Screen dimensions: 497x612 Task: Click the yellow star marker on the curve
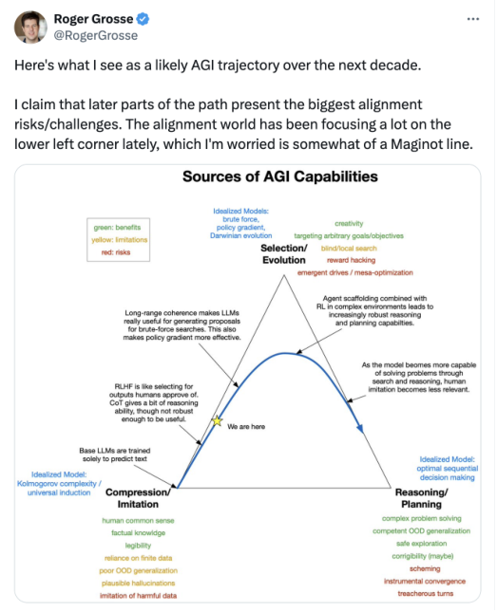[x=217, y=420]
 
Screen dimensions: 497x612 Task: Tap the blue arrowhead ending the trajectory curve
[x=360, y=428]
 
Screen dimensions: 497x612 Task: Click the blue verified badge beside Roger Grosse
[x=143, y=19]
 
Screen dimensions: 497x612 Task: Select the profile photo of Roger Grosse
[x=30, y=27]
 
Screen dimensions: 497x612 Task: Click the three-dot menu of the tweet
[x=473, y=19]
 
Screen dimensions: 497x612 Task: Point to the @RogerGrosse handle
[x=96, y=35]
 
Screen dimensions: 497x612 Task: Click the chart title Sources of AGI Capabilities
[x=280, y=176]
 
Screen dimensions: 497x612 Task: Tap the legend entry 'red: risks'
[x=116, y=252]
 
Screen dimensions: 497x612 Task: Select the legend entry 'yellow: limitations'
[x=120, y=240]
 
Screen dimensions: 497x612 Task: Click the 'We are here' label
[x=246, y=427]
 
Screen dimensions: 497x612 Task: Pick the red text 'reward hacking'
[x=352, y=260]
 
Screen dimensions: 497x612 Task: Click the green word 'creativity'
[x=349, y=223]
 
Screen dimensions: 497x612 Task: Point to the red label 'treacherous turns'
[x=426, y=594]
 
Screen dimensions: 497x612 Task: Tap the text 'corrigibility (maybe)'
[x=423, y=556]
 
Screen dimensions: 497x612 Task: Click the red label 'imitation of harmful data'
[x=138, y=596]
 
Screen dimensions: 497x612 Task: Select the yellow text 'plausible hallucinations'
[x=138, y=584]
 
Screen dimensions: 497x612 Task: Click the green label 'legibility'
[x=138, y=546]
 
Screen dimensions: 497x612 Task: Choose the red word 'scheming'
[x=425, y=568]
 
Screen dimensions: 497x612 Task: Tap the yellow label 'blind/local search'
[x=349, y=249]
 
